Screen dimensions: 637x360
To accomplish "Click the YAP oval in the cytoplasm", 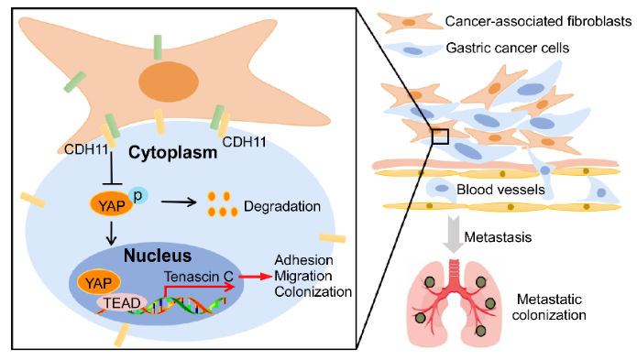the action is click(111, 205).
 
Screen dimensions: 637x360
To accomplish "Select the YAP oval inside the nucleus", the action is click(99, 282).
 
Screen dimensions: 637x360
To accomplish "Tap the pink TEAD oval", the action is click(121, 303).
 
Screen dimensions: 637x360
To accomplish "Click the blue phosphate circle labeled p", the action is click(138, 196).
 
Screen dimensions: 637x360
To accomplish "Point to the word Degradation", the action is click(282, 206).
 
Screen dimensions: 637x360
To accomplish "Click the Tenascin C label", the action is click(199, 277).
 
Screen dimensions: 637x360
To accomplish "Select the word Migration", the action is click(303, 276).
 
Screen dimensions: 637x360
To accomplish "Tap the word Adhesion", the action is click(303, 260).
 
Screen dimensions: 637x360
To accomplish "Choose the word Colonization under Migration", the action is click(313, 292).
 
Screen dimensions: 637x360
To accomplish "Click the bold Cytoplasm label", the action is click(172, 153).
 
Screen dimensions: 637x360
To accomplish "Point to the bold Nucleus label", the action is click(158, 256).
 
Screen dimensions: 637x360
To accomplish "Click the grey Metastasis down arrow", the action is click(454, 235).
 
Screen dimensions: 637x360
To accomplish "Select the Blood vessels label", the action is click(500, 190).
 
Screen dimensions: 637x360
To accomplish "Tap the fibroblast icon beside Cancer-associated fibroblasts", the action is click(410, 22).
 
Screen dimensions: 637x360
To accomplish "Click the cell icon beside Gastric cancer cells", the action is click(412, 49).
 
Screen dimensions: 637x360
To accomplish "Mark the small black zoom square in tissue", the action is click(440, 136).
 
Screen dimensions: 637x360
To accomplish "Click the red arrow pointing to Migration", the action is click(255, 277).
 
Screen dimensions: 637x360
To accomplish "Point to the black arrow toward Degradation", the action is click(179, 202).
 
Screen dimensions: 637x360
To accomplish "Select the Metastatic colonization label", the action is click(549, 307).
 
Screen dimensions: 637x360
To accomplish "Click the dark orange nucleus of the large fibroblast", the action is click(169, 82).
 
